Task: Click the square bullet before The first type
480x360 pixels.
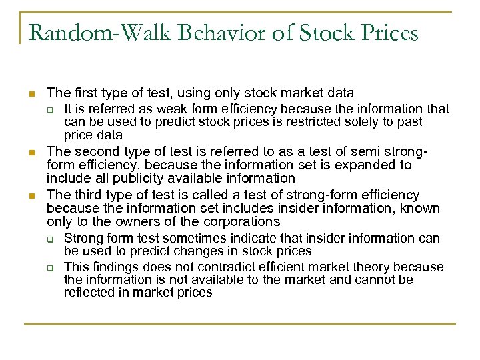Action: (31, 93)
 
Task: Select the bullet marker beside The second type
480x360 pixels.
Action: (31, 153)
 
